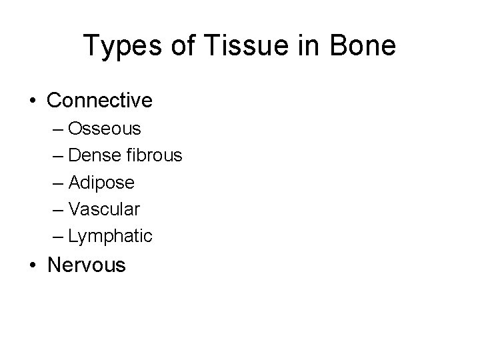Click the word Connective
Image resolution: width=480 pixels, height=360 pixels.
(100, 101)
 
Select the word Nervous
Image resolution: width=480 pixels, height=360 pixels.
(86, 265)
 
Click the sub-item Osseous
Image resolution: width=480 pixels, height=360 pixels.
(99, 128)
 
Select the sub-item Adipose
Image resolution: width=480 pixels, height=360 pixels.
(101, 183)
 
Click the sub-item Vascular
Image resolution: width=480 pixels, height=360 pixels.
(103, 209)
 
